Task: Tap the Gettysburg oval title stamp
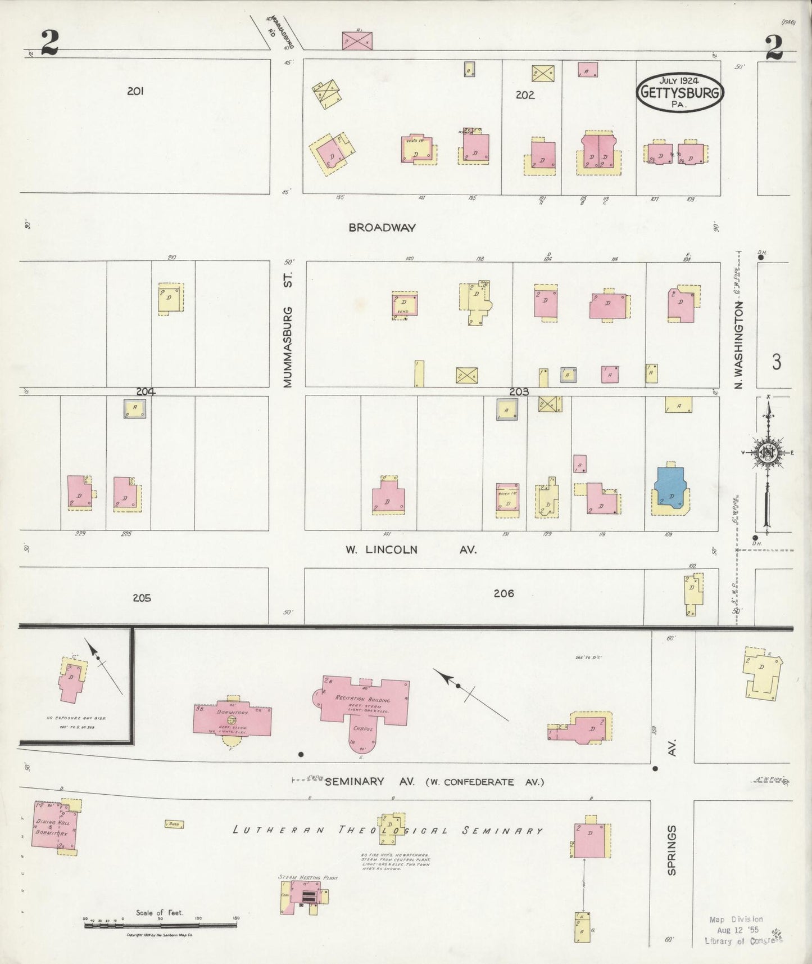coord(679,92)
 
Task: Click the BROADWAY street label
coord(382,228)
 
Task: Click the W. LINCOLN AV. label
coord(411,549)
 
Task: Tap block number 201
coord(135,91)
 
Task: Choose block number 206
coord(503,593)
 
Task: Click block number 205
coord(142,598)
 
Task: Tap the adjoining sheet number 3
coord(776,362)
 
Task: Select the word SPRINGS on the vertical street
coord(672,850)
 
